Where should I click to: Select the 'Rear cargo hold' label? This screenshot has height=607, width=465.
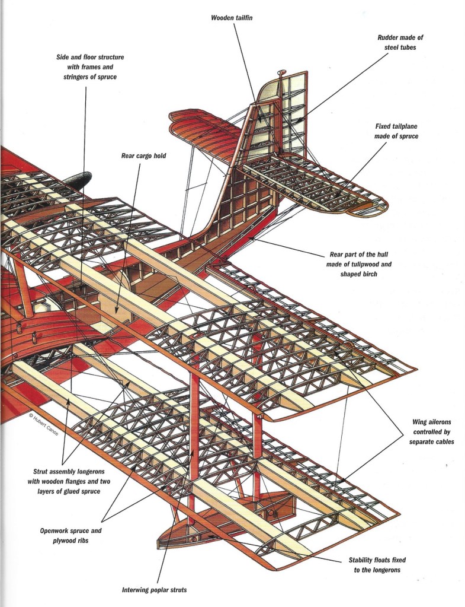pos(140,156)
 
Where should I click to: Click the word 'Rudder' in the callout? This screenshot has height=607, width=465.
pos(387,37)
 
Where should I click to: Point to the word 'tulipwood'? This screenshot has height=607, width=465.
pos(376,264)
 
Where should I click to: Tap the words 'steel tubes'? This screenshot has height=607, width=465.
pos(400,47)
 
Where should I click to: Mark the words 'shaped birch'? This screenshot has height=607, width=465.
pos(359,274)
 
